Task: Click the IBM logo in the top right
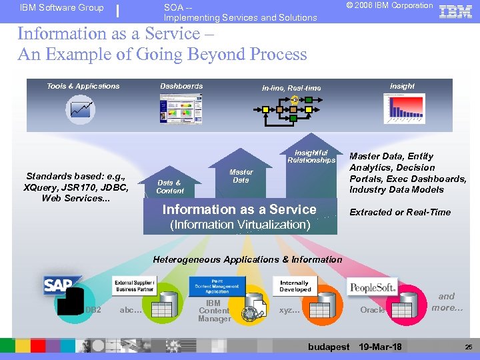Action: [455, 11]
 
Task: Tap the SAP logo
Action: [61, 285]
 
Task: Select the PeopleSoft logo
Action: [373, 287]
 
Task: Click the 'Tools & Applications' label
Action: [83, 86]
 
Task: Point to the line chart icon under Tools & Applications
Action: [81, 109]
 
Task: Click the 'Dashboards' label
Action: [181, 86]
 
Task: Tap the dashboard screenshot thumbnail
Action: [181, 108]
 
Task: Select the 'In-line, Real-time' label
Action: [291, 88]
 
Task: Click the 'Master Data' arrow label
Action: [241, 176]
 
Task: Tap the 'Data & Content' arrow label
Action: [169, 187]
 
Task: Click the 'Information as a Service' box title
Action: [239, 209]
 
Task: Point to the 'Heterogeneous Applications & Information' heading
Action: [247, 259]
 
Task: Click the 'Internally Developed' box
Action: [295, 286]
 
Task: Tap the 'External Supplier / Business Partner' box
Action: [134, 286]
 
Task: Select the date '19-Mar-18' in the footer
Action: [380, 347]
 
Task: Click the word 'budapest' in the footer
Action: [329, 347]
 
